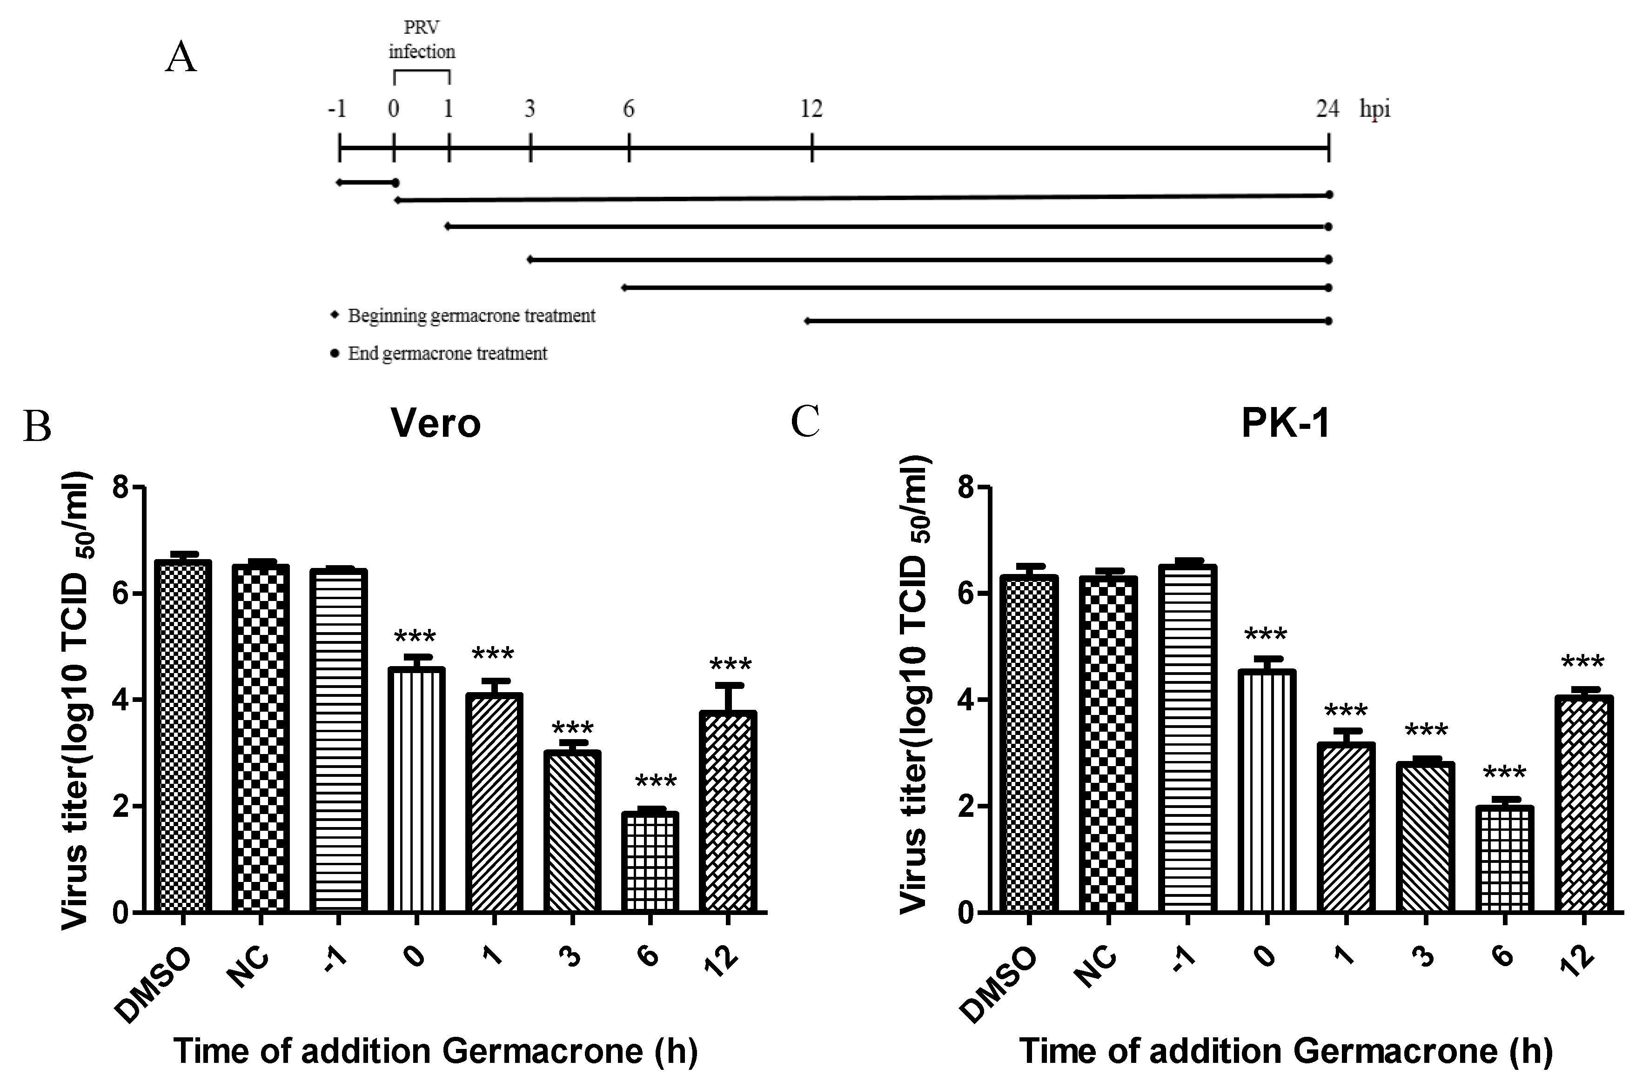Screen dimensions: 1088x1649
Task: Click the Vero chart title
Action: click(x=435, y=422)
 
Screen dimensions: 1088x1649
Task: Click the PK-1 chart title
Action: click(x=1285, y=422)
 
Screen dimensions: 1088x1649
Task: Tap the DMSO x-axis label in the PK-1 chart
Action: click(x=999, y=985)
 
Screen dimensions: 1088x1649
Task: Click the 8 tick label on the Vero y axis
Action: click(x=121, y=488)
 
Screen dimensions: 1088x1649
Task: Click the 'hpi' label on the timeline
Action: click(x=1374, y=109)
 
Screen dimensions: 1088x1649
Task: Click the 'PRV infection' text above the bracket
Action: click(x=421, y=40)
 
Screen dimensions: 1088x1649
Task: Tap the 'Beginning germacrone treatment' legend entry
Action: click(x=470, y=316)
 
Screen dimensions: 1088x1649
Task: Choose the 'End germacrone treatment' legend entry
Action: click(x=447, y=353)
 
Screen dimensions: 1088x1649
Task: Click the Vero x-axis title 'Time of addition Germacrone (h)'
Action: click(x=435, y=1050)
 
